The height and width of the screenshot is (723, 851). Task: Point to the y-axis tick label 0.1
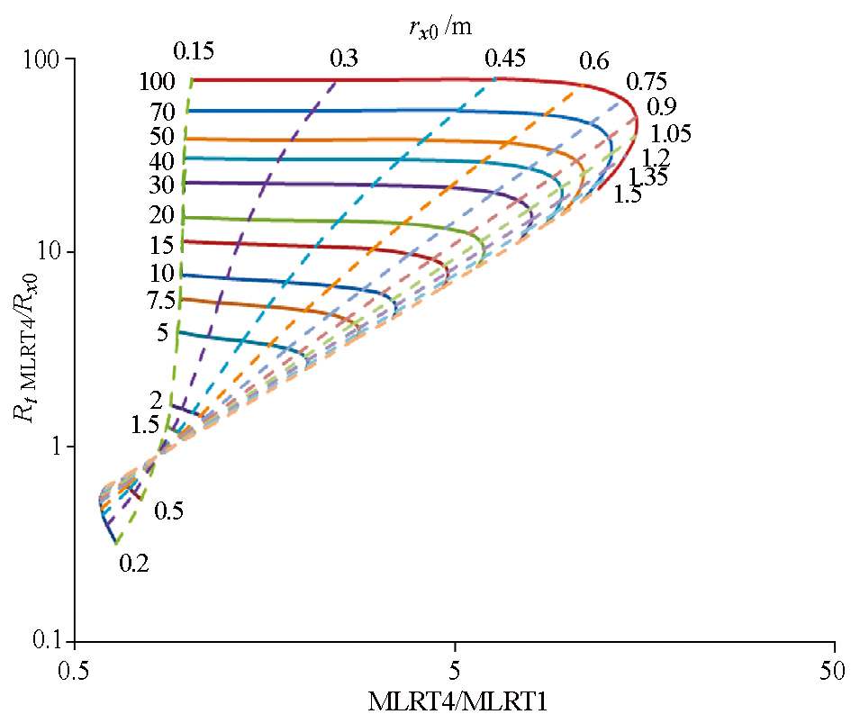[x=53, y=640]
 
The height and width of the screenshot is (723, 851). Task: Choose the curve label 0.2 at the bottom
[x=133, y=564]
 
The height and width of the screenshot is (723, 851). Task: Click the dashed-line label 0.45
[x=504, y=59]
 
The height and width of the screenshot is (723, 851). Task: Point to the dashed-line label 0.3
[x=344, y=59]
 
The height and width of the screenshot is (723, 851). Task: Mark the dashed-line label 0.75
[x=646, y=82]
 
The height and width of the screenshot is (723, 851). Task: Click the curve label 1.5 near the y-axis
[x=144, y=424]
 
